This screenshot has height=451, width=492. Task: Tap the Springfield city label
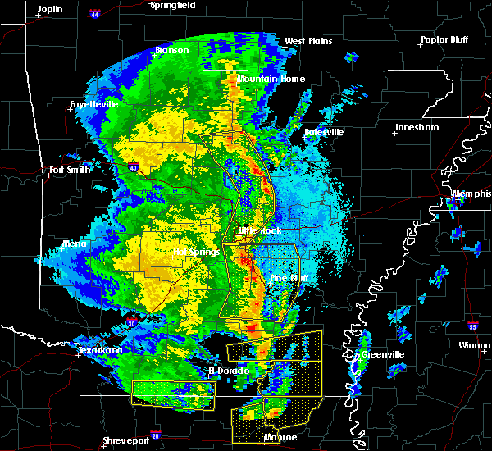(173, 5)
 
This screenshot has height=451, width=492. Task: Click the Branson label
(172, 50)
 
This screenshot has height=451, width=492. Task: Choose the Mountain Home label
(271, 79)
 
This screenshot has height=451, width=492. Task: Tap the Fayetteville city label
(93, 105)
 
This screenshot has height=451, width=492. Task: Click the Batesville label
(324, 132)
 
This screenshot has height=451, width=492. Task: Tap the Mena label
(74, 244)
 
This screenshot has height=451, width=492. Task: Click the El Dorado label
(227, 371)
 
